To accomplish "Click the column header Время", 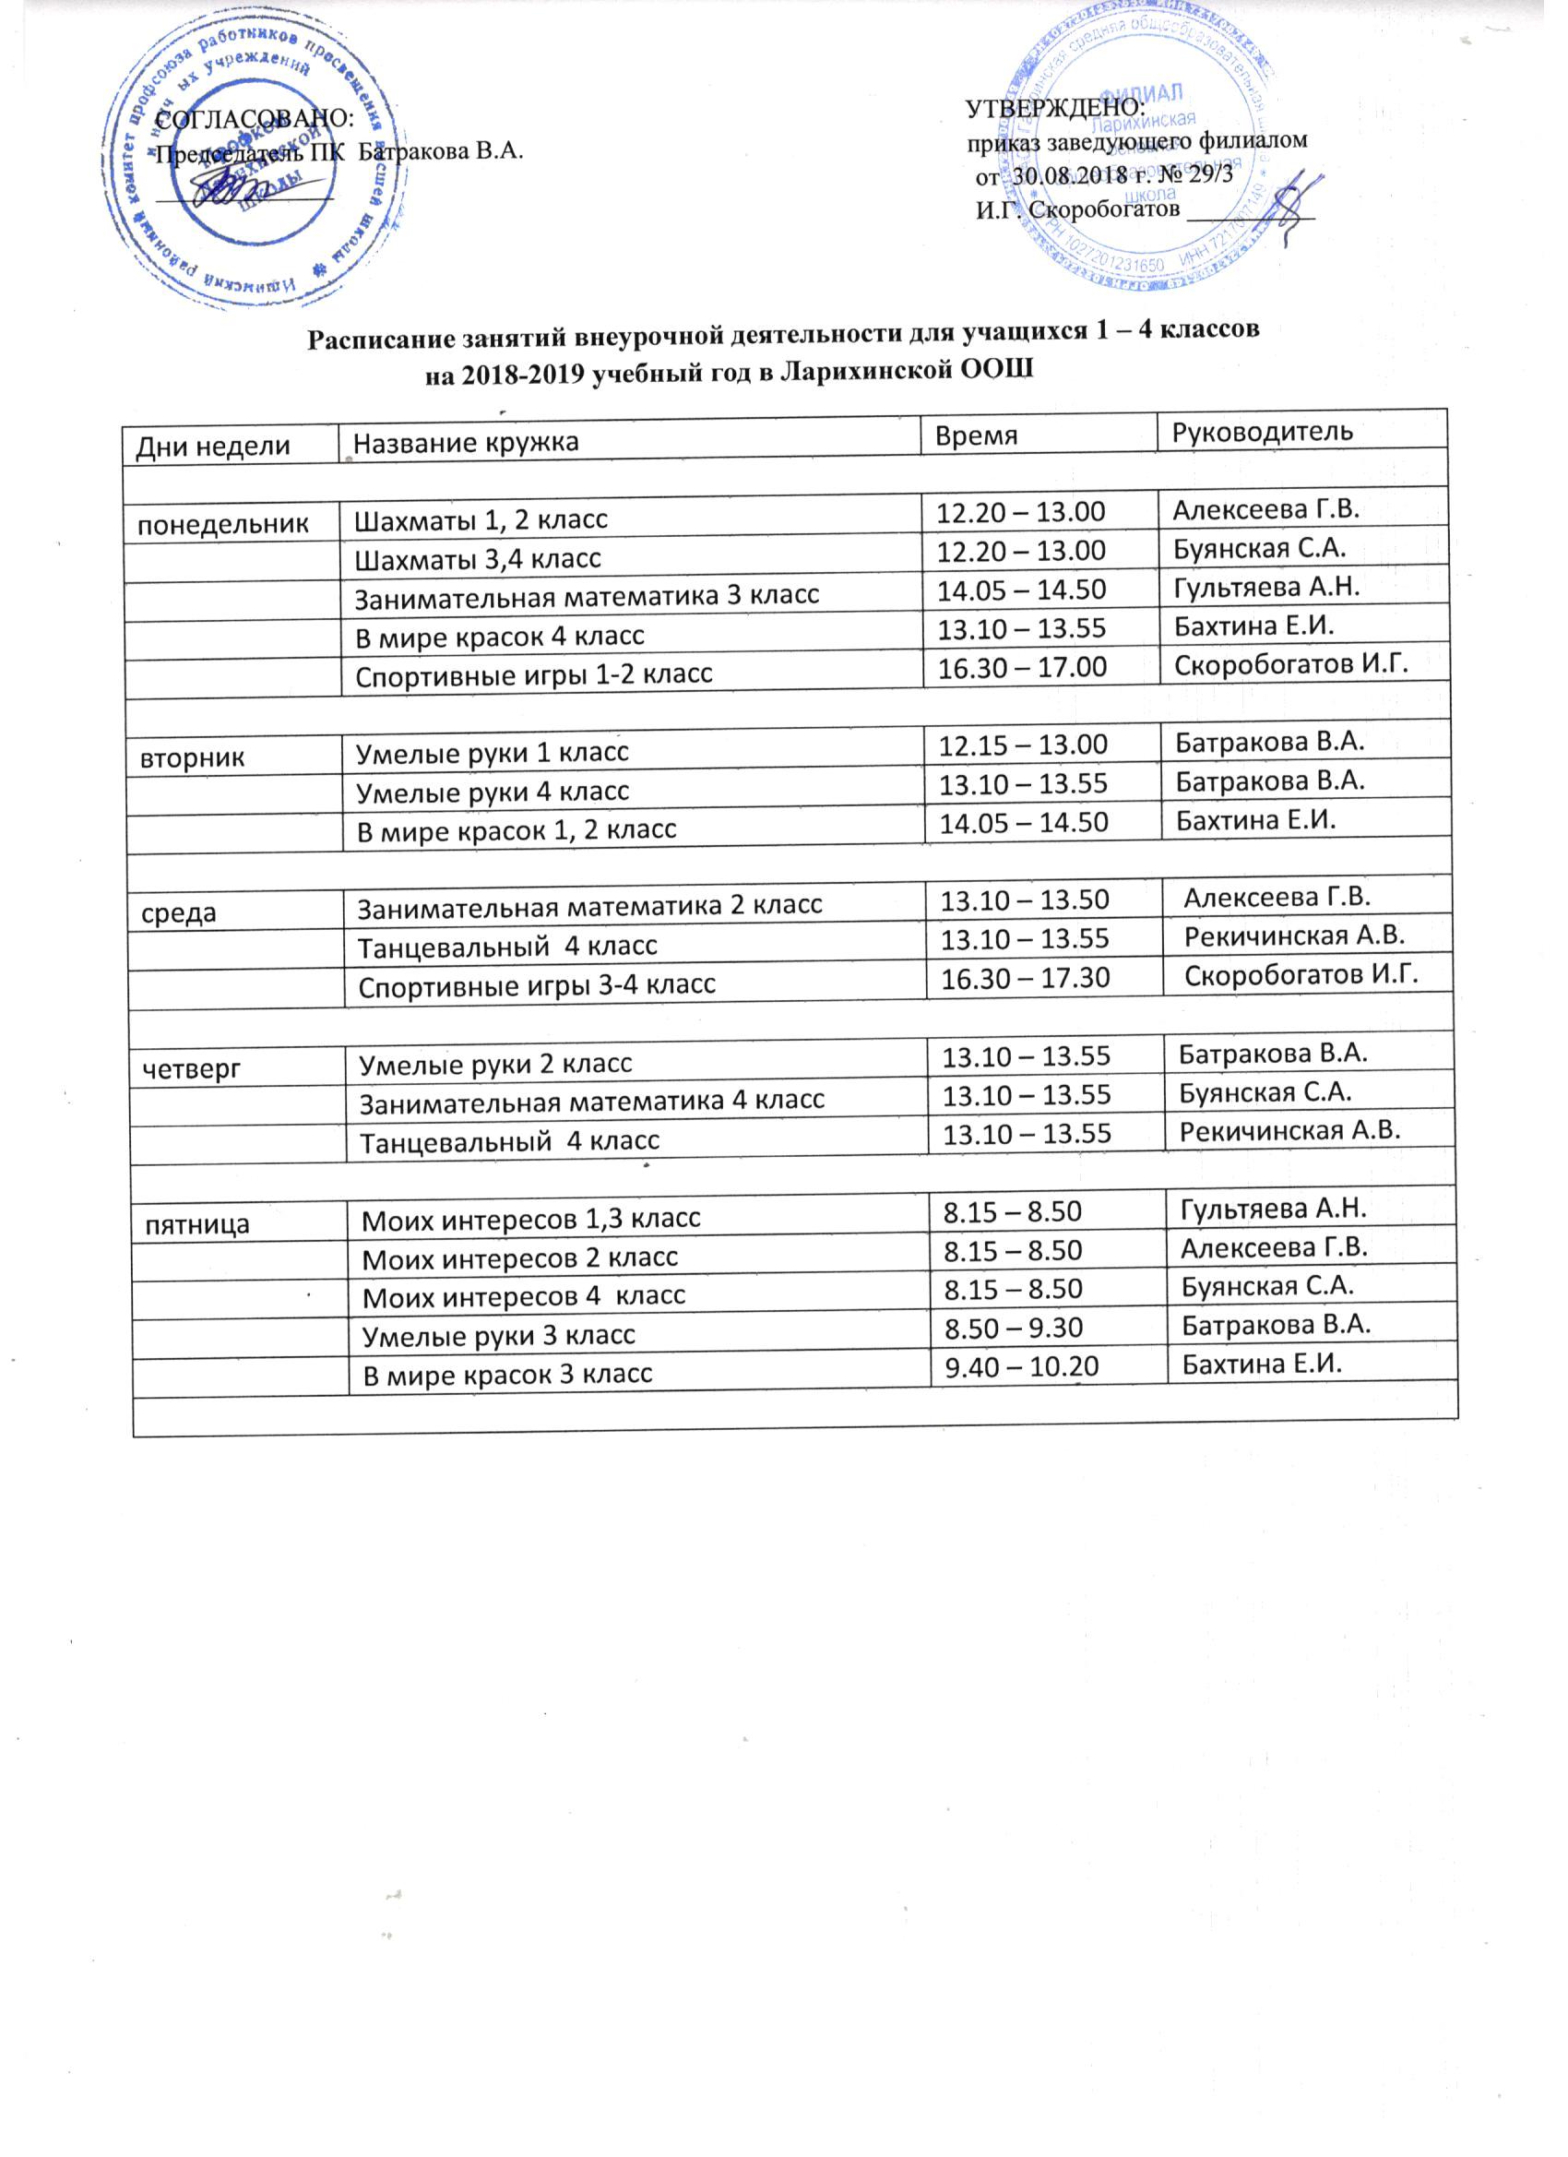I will (977, 435).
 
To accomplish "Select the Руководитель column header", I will (1262, 432).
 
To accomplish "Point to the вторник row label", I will (193, 758).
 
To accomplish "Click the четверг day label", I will (191, 1070).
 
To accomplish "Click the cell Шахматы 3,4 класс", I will (478, 559).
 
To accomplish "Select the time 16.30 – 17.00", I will (1022, 668).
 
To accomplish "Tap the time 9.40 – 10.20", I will (1020, 1366).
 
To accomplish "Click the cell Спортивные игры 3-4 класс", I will (536, 985).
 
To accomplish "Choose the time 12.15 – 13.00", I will (1023, 744).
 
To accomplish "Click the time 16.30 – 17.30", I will (1025, 978).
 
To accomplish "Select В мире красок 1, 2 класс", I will (517, 830).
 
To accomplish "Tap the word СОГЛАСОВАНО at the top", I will (254, 118).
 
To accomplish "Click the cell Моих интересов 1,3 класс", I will (531, 1219).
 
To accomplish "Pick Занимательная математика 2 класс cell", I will (588, 905).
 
